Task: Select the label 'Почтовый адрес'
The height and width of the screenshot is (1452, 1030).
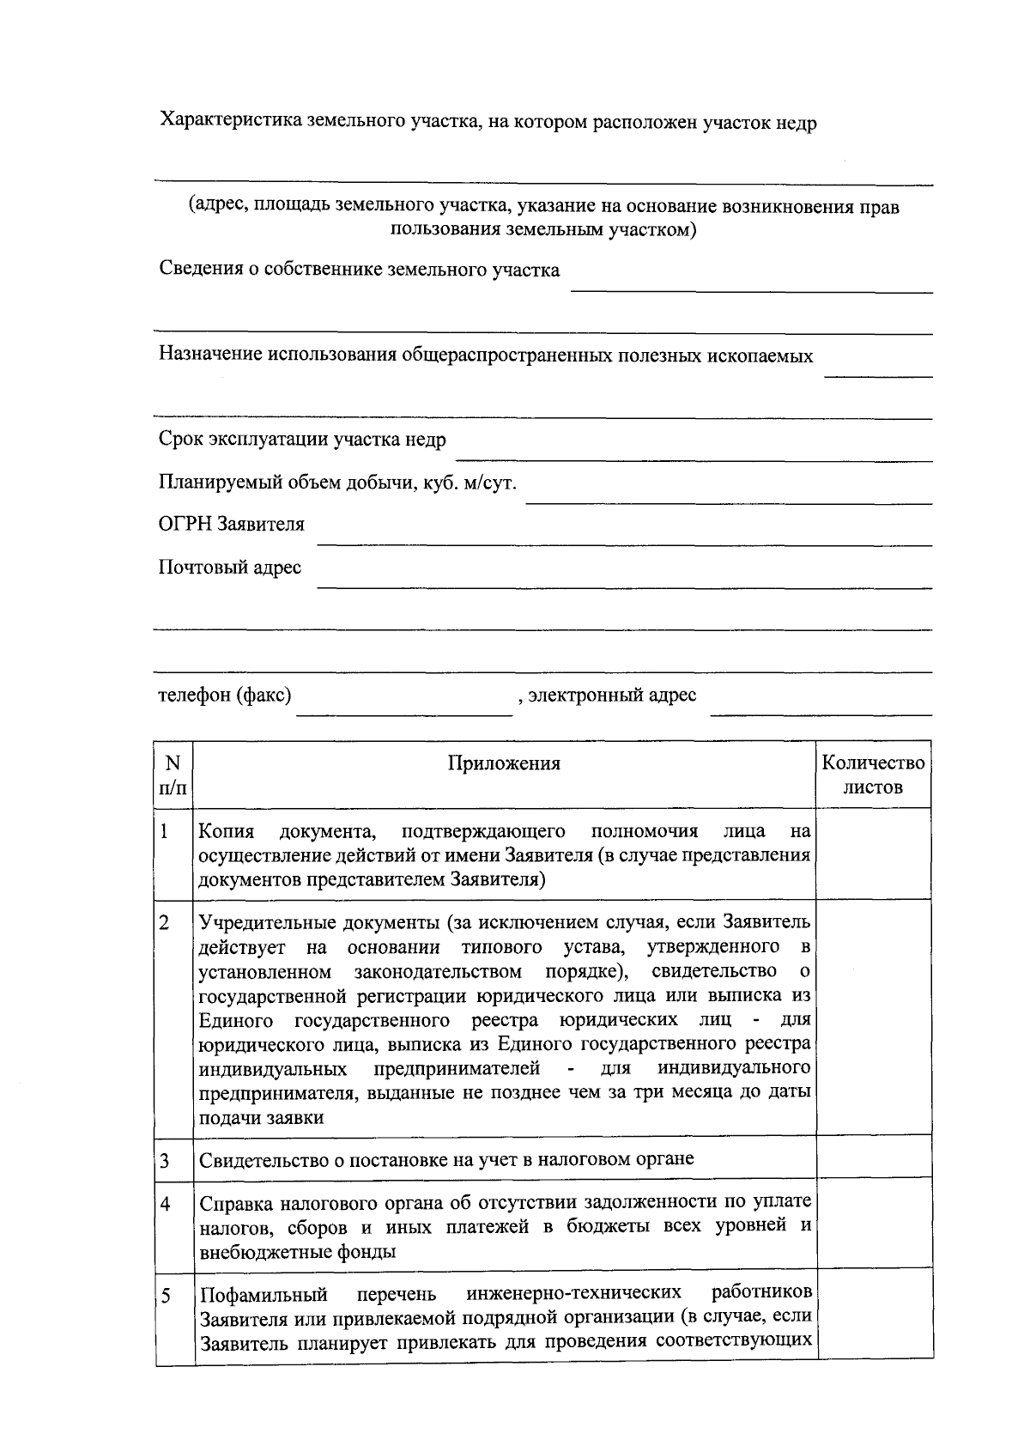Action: coord(230,568)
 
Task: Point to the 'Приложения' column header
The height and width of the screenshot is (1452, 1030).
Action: coord(504,763)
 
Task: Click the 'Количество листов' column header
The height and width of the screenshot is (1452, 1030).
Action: coord(873,775)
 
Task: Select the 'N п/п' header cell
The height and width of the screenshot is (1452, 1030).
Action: coord(173,775)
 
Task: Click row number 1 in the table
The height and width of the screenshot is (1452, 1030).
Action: coord(164,831)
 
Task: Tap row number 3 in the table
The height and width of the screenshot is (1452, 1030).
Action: coord(164,1161)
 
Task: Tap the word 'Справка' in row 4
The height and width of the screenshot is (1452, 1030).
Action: coord(233,1201)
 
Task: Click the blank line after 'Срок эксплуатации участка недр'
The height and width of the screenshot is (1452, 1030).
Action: coord(693,457)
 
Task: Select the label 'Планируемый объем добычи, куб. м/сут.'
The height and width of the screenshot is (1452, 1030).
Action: coord(337,483)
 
